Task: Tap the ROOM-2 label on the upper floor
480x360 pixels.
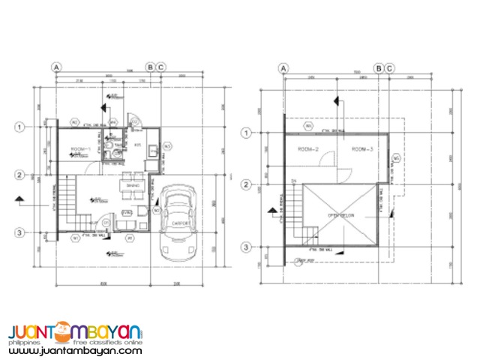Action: pyautogui.click(x=309, y=150)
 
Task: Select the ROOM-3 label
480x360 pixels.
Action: pyautogui.click(x=363, y=150)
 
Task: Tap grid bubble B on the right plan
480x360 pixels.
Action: pyautogui.click(x=379, y=69)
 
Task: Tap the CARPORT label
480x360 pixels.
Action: pyautogui.click(x=179, y=223)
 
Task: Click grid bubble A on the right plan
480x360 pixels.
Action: pyautogui.click(x=283, y=69)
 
